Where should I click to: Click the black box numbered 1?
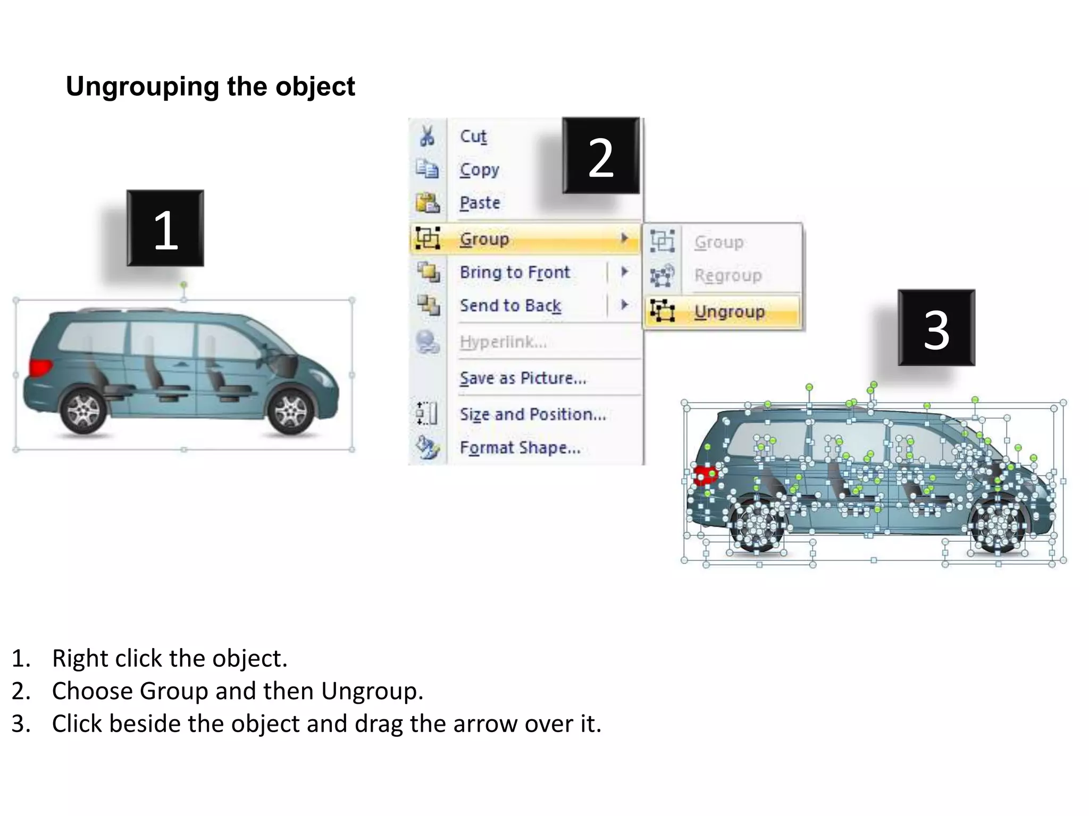(x=165, y=228)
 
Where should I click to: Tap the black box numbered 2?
(x=601, y=156)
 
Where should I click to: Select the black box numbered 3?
(x=936, y=328)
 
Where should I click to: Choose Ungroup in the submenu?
(x=729, y=311)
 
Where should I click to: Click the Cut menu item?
(x=473, y=137)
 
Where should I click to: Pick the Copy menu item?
(x=479, y=169)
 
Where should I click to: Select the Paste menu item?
(x=480, y=203)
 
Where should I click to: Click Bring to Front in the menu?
(x=515, y=273)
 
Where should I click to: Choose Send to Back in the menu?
(x=510, y=306)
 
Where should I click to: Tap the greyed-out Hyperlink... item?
(x=503, y=342)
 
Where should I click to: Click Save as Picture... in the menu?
(x=523, y=378)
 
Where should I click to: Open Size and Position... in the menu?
(x=533, y=414)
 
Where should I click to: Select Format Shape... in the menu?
(x=520, y=448)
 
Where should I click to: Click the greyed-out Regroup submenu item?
(x=728, y=276)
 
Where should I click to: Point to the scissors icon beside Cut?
(x=427, y=136)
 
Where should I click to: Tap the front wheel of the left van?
(x=290, y=412)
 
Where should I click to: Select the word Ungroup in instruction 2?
(x=371, y=691)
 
